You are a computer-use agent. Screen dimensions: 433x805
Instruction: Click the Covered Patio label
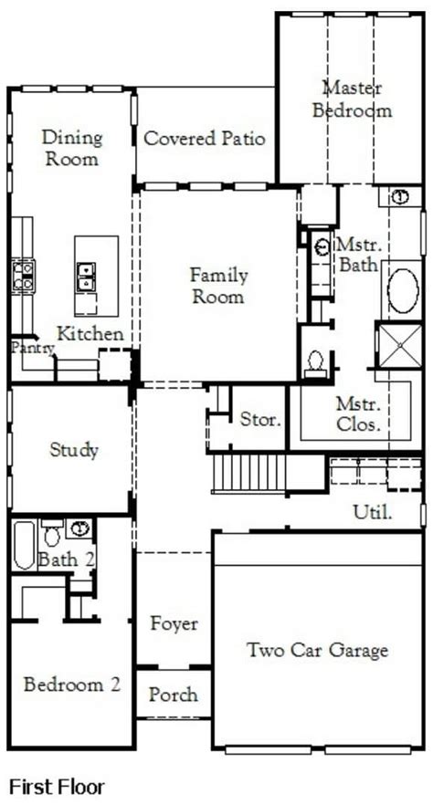(204, 139)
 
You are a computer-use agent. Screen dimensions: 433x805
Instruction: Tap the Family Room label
(218, 286)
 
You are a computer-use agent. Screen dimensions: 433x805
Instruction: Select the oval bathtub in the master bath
(403, 291)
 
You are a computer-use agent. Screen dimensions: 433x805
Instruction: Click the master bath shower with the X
(400, 345)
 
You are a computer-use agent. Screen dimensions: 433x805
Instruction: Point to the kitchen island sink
(86, 277)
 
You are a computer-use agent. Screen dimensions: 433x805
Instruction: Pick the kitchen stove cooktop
(24, 276)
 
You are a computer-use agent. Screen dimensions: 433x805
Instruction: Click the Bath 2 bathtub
(24, 545)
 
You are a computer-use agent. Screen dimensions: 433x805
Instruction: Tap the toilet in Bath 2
(52, 534)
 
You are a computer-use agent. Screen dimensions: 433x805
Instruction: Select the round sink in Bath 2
(79, 528)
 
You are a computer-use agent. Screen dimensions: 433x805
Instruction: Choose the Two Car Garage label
(317, 650)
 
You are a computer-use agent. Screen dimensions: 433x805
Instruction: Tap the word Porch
(173, 695)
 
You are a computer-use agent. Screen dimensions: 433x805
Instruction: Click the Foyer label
(174, 623)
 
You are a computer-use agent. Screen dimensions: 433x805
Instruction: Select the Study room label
(74, 450)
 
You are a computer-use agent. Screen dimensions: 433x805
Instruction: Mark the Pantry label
(34, 349)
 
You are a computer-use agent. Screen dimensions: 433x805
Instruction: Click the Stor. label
(261, 420)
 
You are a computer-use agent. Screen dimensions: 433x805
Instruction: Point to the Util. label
(373, 511)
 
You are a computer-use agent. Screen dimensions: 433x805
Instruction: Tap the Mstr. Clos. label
(358, 413)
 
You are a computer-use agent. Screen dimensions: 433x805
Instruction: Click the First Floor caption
(58, 787)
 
